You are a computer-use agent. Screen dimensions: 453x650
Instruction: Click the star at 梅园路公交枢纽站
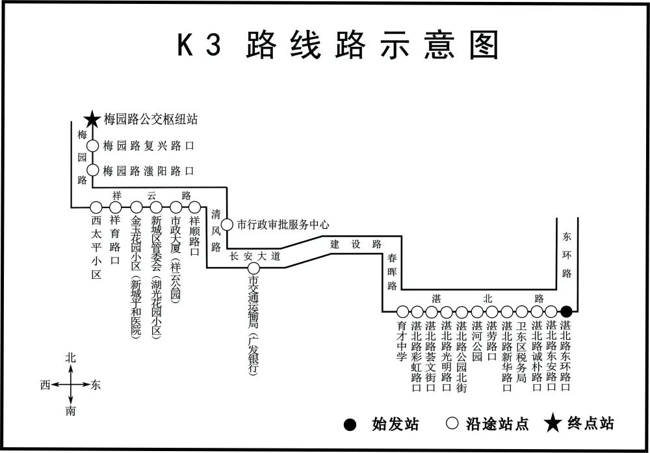click(x=92, y=120)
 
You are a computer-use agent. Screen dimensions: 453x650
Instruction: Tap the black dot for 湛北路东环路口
click(x=567, y=311)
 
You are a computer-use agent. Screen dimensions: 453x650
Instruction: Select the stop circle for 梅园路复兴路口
click(x=92, y=146)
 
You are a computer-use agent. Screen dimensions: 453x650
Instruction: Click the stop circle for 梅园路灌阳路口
click(x=92, y=171)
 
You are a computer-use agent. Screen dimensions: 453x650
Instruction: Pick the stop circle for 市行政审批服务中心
click(x=227, y=225)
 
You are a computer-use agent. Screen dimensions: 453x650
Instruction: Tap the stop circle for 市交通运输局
click(x=253, y=268)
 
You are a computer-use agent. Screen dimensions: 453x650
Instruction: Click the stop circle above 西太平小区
click(x=96, y=207)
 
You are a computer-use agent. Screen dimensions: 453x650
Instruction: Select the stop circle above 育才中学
click(x=402, y=311)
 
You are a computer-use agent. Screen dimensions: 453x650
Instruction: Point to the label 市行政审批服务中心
click(x=283, y=225)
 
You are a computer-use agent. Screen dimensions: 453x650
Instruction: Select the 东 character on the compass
click(x=96, y=384)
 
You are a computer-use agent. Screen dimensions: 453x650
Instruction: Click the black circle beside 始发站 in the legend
click(x=350, y=425)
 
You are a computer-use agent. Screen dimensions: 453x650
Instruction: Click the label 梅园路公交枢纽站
click(x=151, y=120)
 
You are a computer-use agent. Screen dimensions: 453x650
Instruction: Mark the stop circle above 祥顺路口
click(x=194, y=207)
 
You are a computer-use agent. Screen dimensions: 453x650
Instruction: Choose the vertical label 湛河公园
click(x=477, y=341)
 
